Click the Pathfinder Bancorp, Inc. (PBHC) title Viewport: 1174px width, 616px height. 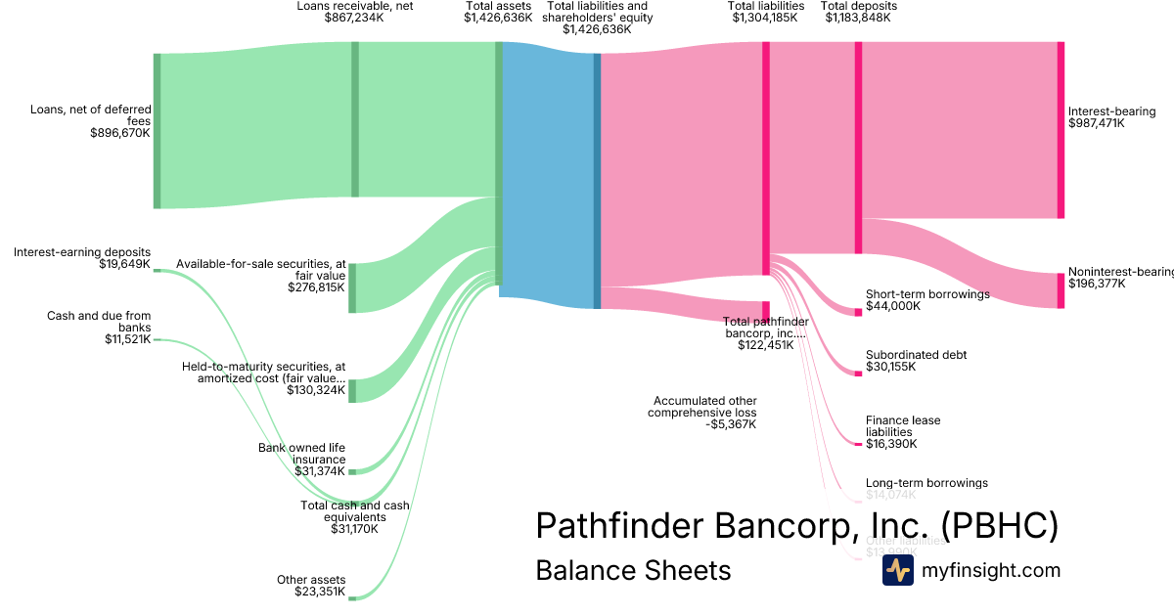tap(796, 526)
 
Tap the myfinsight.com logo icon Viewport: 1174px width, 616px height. tap(897, 570)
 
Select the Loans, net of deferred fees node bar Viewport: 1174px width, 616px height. tap(157, 131)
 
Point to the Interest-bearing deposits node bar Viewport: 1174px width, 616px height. tap(1061, 130)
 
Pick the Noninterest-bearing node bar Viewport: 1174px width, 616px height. tap(1061, 290)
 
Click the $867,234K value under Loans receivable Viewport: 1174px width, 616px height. tap(354, 18)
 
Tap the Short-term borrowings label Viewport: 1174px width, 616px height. tap(927, 294)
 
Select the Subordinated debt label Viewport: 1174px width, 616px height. tap(916, 355)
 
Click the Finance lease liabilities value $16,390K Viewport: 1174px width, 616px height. tap(890, 444)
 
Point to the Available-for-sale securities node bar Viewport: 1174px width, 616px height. tap(352, 287)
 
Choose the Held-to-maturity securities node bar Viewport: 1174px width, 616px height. tap(352, 390)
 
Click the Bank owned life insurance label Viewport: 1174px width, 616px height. tap(301, 454)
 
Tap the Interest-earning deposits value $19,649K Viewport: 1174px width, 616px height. tap(124, 264)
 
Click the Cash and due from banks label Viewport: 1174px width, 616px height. tap(99, 321)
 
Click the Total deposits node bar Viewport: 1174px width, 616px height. tap(858, 148)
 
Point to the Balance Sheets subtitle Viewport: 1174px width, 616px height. tap(633, 570)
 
